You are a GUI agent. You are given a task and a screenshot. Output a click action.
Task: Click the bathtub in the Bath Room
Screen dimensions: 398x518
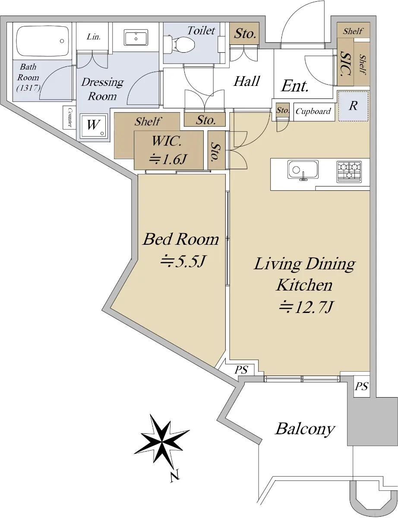(42, 41)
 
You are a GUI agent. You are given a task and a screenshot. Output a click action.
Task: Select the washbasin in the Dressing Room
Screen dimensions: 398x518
(136, 38)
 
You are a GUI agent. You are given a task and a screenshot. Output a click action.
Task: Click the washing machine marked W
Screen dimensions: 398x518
(93, 126)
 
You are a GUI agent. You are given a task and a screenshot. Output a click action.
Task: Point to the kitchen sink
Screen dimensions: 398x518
(303, 170)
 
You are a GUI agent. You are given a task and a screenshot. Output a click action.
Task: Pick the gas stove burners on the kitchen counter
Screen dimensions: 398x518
(349, 172)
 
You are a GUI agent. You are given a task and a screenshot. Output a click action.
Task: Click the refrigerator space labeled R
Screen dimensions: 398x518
(354, 106)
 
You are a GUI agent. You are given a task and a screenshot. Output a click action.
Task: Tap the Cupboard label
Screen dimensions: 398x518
(313, 111)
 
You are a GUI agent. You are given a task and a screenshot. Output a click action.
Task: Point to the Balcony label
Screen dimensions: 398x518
(305, 429)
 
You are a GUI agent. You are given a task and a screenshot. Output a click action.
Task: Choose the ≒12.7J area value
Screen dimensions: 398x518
(306, 307)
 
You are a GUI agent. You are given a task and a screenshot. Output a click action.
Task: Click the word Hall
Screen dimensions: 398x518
(246, 81)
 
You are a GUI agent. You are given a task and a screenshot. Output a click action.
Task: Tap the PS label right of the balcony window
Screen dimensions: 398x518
(362, 386)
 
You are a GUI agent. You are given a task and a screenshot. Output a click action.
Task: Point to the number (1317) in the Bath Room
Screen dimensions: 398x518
(28, 88)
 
